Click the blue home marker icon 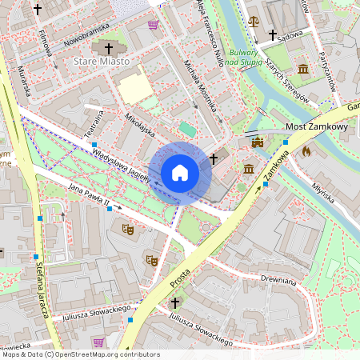tap(180, 172)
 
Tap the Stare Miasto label tap(98, 61)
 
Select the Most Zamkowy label tap(316, 127)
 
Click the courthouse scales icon tap(254, 21)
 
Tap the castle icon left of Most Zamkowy tap(257, 142)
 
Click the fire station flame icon tap(306, 150)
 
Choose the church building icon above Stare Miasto tap(106, 46)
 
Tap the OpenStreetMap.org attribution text tap(102, 354)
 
